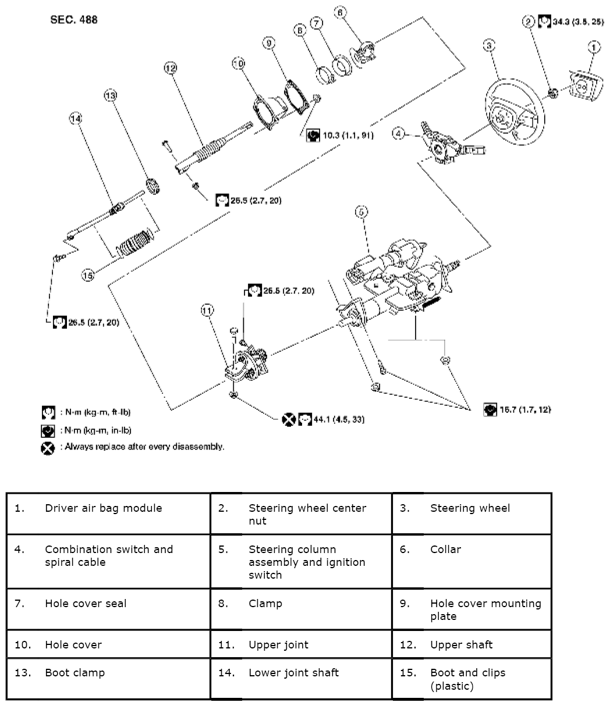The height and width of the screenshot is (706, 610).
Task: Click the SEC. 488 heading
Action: tap(73, 20)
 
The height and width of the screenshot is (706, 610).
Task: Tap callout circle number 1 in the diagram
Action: tap(593, 47)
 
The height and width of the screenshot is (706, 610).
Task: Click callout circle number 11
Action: tap(208, 311)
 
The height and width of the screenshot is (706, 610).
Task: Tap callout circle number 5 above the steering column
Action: tap(361, 213)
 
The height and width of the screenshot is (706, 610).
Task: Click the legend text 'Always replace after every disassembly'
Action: tap(143, 447)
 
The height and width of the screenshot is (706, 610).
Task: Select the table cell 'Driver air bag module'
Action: tap(104, 508)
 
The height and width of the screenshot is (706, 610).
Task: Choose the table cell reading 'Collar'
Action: tap(445, 549)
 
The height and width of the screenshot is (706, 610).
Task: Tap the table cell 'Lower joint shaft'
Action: tap(293, 673)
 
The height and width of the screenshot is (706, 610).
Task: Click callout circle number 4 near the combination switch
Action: tap(398, 134)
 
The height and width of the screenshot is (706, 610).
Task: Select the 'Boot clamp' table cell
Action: tap(75, 673)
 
